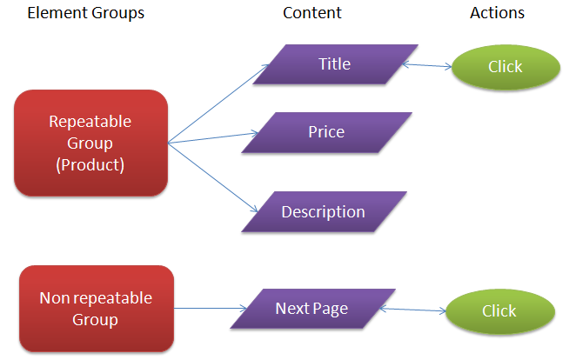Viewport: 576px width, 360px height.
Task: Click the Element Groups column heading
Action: pos(86,13)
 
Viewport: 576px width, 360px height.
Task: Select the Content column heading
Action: pos(312,13)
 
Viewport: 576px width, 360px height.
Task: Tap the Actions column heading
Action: pos(497,13)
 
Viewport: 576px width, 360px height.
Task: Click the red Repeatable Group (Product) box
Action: pos(90,143)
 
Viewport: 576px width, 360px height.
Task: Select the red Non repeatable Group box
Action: pos(96,309)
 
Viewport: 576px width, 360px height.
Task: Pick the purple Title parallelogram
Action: pos(334,64)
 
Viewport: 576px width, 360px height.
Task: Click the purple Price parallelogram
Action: pos(326,132)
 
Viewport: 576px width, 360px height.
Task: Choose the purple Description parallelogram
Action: pos(323,212)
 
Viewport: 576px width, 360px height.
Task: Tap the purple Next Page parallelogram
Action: pos(311,309)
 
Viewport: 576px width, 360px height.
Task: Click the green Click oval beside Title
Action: pos(505,67)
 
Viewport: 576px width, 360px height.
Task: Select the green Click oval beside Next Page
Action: pos(499,311)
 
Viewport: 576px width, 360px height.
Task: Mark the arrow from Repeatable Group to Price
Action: pos(214,137)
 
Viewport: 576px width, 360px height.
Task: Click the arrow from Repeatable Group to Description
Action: pos(214,177)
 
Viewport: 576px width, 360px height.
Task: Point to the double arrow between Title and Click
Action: pos(427,64)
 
